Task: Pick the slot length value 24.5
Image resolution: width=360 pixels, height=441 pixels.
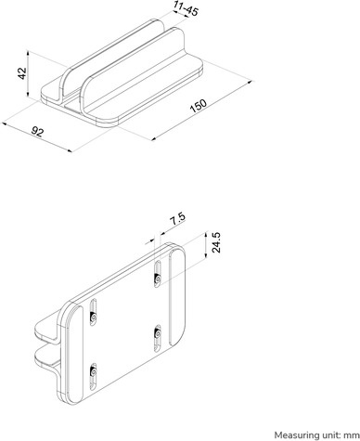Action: (x=216, y=242)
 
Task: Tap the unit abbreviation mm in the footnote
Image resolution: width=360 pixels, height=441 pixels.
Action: (x=351, y=434)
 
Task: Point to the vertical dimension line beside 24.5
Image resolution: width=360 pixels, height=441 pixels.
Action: (x=204, y=243)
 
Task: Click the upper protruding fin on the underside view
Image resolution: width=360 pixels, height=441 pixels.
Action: (x=46, y=327)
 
